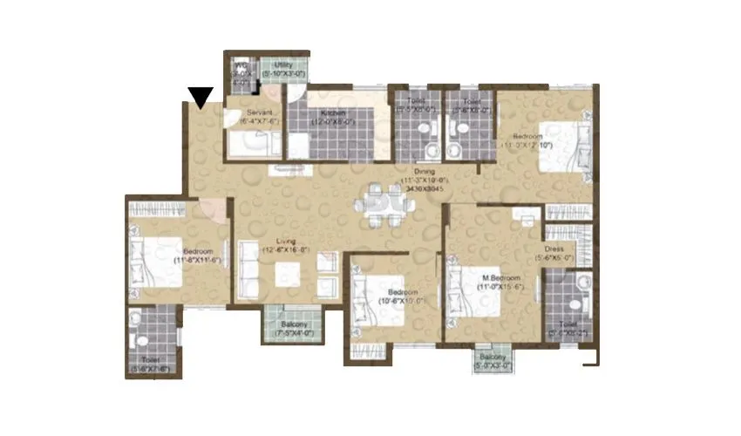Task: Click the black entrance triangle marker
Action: click(201, 98)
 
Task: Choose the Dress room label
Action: click(554, 252)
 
